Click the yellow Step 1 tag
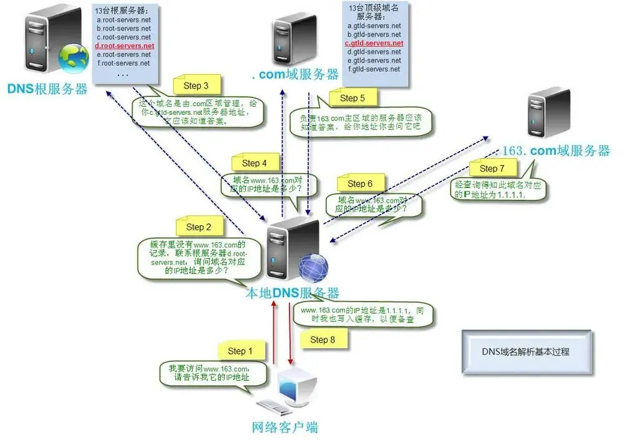click(241, 351)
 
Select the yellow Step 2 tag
click(199, 227)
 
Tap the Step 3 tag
click(196, 86)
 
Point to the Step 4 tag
click(254, 163)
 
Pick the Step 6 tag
click(360, 183)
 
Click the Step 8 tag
click(323, 340)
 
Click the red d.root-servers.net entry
click(124, 46)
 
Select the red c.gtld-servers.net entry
click(374, 43)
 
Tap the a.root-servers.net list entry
click(124, 20)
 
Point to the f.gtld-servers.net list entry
click(374, 69)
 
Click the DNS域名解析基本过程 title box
click(526, 352)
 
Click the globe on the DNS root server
click(73, 58)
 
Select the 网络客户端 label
click(285, 428)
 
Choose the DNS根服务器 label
click(47, 89)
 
